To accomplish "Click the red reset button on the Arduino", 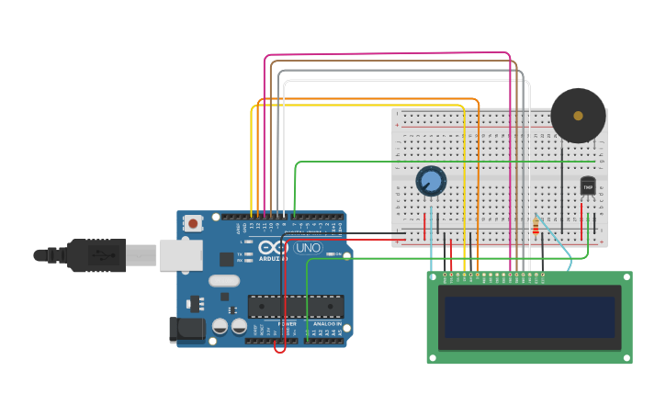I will click(193, 223).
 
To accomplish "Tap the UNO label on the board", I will click(307, 248).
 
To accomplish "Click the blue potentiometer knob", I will click(430, 180).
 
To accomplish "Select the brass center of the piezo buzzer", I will click(578, 116).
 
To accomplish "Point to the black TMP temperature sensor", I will click(588, 186).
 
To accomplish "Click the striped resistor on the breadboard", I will click(536, 226).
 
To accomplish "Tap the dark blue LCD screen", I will click(528, 316).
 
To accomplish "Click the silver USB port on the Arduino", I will click(180, 255).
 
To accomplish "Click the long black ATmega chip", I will click(296, 307).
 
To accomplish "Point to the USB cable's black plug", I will click(96, 255).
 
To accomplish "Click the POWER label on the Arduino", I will click(288, 324).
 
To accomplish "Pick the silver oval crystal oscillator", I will click(224, 281).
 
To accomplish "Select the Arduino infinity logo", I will click(273, 247).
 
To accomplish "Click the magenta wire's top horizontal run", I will click(386, 53).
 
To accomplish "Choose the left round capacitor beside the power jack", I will click(220, 326).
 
